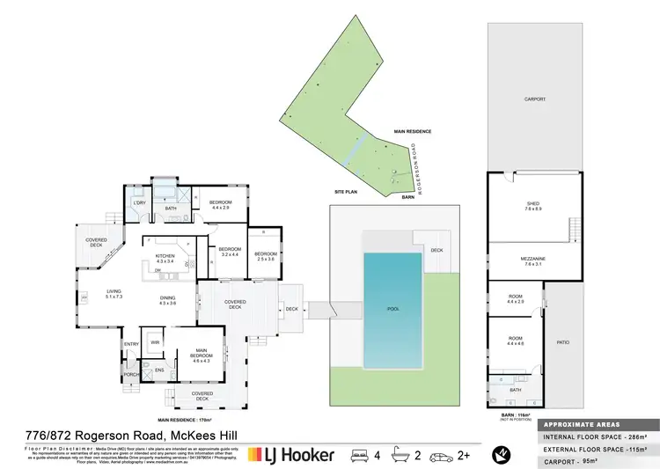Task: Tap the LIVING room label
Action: (x=114, y=294)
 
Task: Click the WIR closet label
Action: (x=155, y=341)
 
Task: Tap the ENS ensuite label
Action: (x=159, y=370)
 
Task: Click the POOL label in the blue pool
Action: (x=393, y=310)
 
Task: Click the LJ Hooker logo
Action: (x=290, y=454)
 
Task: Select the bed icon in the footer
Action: (x=359, y=455)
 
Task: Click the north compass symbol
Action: (x=501, y=454)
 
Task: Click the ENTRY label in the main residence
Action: (x=131, y=344)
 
